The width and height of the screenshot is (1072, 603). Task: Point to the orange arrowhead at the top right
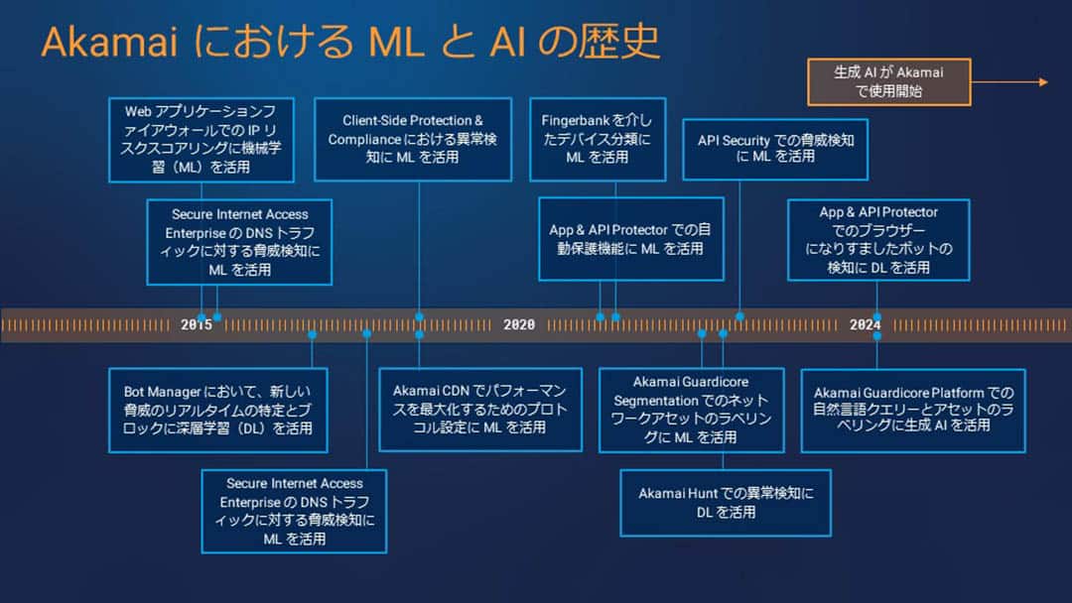point(1042,82)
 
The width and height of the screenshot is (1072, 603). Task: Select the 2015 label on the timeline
point(197,324)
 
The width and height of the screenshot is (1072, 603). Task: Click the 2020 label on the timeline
point(519,324)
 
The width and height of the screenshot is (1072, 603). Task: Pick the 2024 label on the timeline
point(865,324)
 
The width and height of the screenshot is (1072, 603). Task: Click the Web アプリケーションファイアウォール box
point(201,140)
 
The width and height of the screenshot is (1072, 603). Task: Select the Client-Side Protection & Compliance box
point(413,139)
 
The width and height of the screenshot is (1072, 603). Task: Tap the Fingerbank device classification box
point(598,139)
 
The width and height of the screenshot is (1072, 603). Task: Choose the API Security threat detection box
point(775,149)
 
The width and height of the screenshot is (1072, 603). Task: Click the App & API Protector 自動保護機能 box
point(630,238)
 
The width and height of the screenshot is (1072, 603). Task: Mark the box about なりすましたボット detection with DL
point(878,240)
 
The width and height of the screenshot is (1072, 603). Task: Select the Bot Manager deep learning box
point(217,410)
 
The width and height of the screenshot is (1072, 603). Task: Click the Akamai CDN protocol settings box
point(479,410)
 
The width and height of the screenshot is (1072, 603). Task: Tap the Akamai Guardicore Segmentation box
point(691,409)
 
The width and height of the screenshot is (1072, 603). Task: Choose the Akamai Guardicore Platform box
point(913,410)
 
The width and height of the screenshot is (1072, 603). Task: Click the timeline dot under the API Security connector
point(739,316)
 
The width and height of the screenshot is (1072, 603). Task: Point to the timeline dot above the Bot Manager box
point(312,334)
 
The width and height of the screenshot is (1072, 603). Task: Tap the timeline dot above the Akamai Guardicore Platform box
point(876,335)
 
